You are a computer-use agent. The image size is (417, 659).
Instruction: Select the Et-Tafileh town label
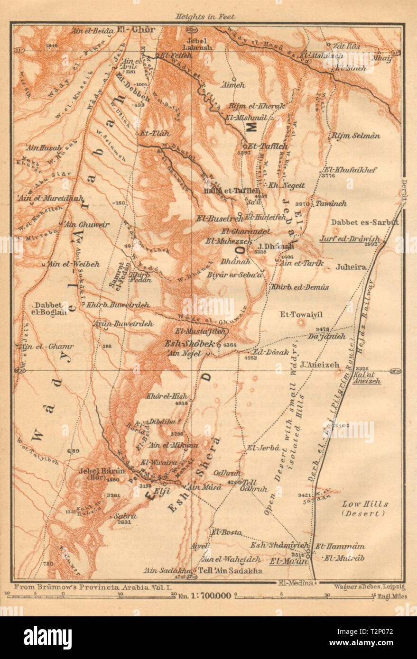265,146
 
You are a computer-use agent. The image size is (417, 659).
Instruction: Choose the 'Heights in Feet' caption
205,17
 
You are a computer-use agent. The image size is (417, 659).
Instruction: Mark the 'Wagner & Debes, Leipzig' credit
365,586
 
